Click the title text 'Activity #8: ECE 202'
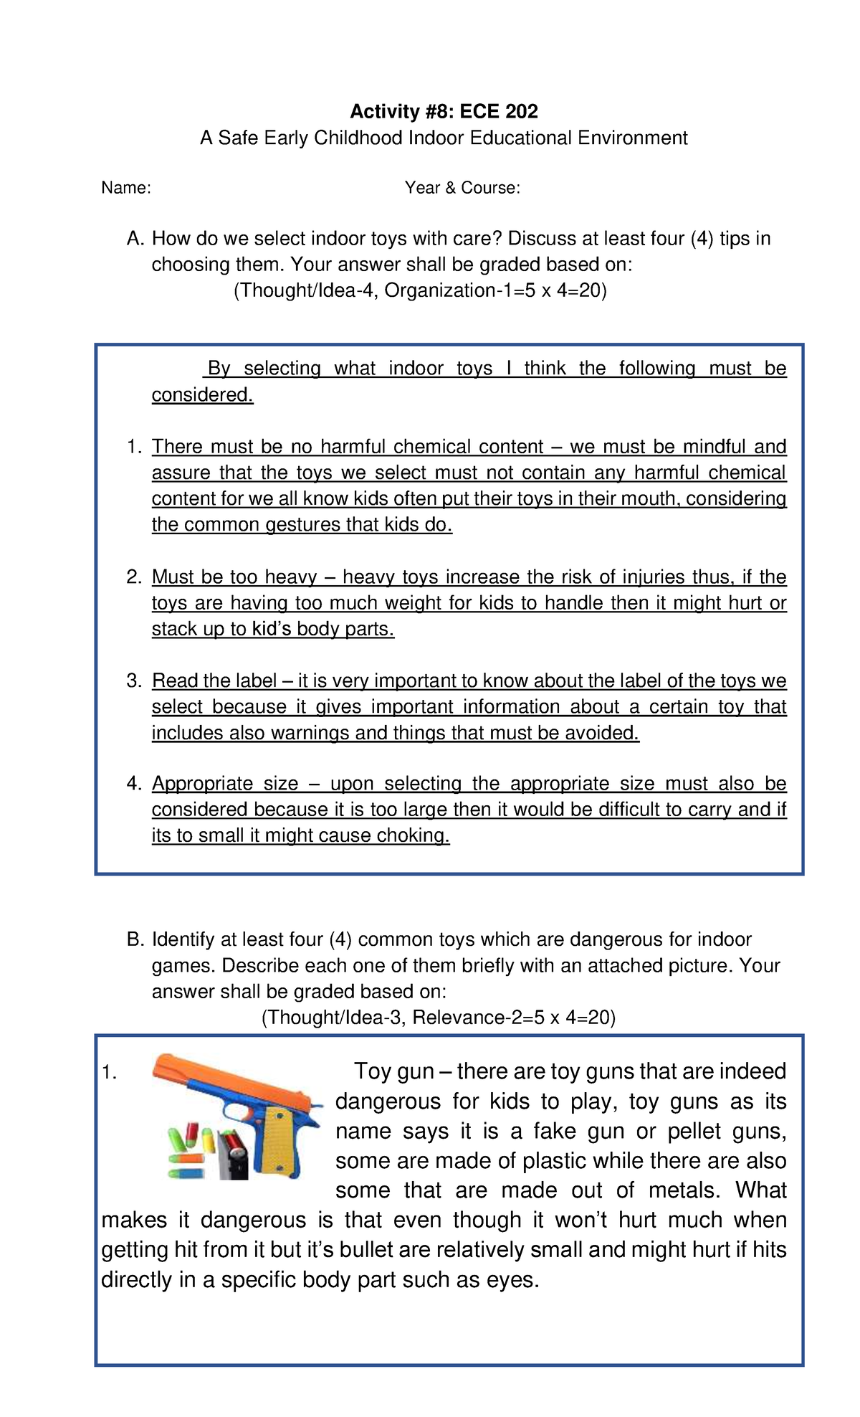click(444, 111)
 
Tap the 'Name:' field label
click(126, 188)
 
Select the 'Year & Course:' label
click(462, 188)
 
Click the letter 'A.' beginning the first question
click(135, 239)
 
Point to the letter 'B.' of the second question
click(135, 939)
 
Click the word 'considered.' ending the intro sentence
click(202, 395)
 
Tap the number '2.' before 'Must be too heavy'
click(135, 577)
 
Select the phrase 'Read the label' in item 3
click(214, 681)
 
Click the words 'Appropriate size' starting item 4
click(225, 784)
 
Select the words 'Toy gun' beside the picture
click(394, 1071)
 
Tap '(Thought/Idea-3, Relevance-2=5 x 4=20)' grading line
click(438, 1018)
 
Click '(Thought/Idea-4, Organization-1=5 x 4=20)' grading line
click(420, 290)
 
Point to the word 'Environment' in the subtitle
click(633, 138)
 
